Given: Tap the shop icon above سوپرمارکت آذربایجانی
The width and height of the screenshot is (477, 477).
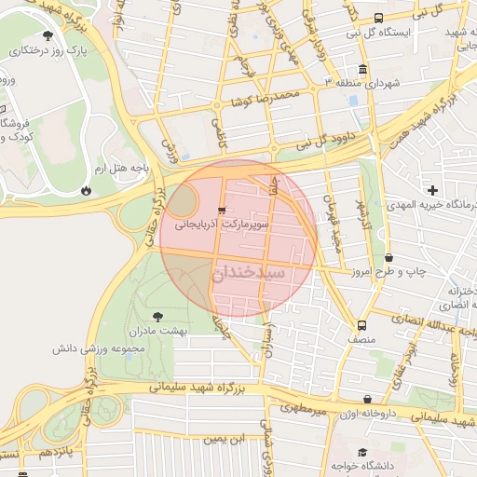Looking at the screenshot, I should [221, 210].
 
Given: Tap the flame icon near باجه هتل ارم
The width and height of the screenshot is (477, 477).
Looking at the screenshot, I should [87, 189].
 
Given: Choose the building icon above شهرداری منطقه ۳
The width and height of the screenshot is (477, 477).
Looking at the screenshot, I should [361, 69].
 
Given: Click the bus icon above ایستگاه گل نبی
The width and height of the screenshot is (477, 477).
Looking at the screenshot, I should [378, 18].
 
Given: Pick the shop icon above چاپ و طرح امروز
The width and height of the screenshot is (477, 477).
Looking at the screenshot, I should [388, 258].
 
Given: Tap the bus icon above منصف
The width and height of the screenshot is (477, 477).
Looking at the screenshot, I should [361, 326].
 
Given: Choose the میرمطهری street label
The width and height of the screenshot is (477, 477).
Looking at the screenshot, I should [305, 407].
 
